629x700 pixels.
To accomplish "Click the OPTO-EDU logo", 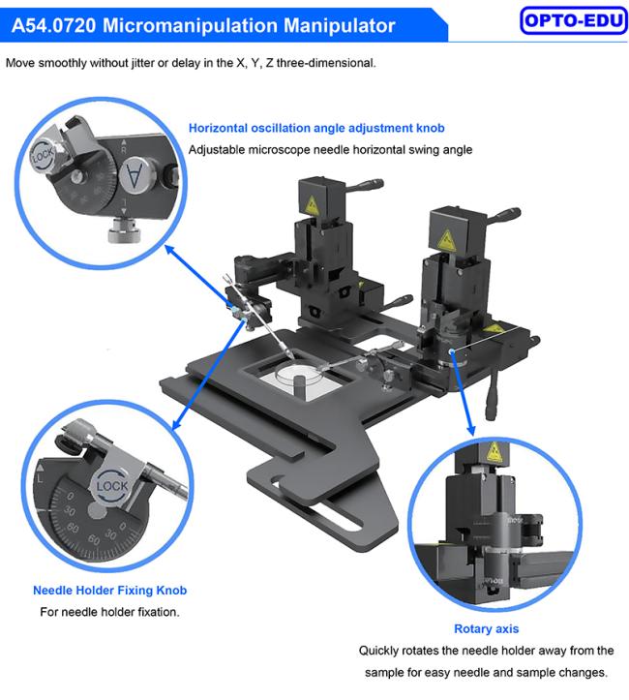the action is tap(573, 20).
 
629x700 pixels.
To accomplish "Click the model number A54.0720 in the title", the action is tap(53, 25).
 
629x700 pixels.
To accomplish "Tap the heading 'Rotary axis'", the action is tap(486, 628).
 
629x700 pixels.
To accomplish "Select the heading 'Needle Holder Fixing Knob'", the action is tap(109, 591).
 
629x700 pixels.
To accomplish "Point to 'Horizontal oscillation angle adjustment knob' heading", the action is tap(316, 128).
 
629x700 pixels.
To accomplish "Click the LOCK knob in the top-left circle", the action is tap(44, 155).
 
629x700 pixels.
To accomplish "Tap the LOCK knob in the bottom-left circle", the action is tap(112, 486).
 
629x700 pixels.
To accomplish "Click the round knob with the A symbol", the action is tap(134, 174).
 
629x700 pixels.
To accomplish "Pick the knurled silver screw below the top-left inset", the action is tap(125, 229).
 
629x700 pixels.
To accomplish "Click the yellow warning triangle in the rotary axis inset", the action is tap(494, 452).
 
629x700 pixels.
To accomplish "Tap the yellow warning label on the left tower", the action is tap(312, 205).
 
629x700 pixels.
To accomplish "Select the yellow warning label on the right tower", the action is tap(446, 240).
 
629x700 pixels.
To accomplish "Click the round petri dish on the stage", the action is tap(299, 377).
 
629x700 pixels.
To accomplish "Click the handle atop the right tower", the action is tap(503, 215).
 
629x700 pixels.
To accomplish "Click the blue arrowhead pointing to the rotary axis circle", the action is tap(470, 430).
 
